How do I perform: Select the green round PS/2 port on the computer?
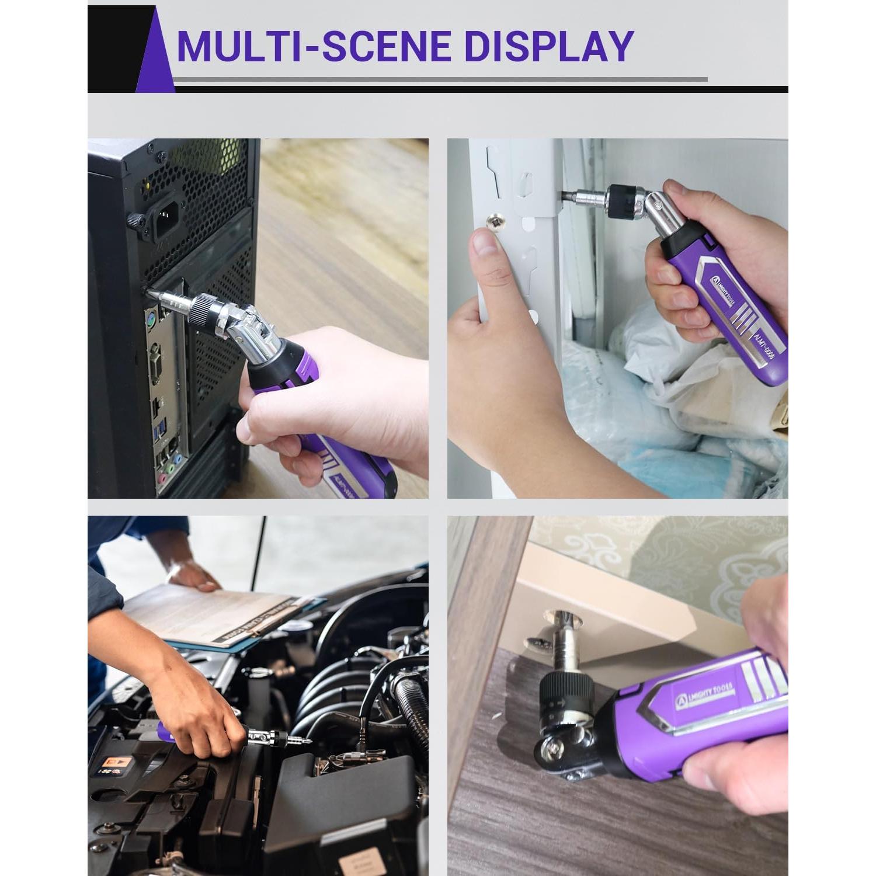click(x=151, y=319)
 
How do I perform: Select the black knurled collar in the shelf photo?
click(x=624, y=197)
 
